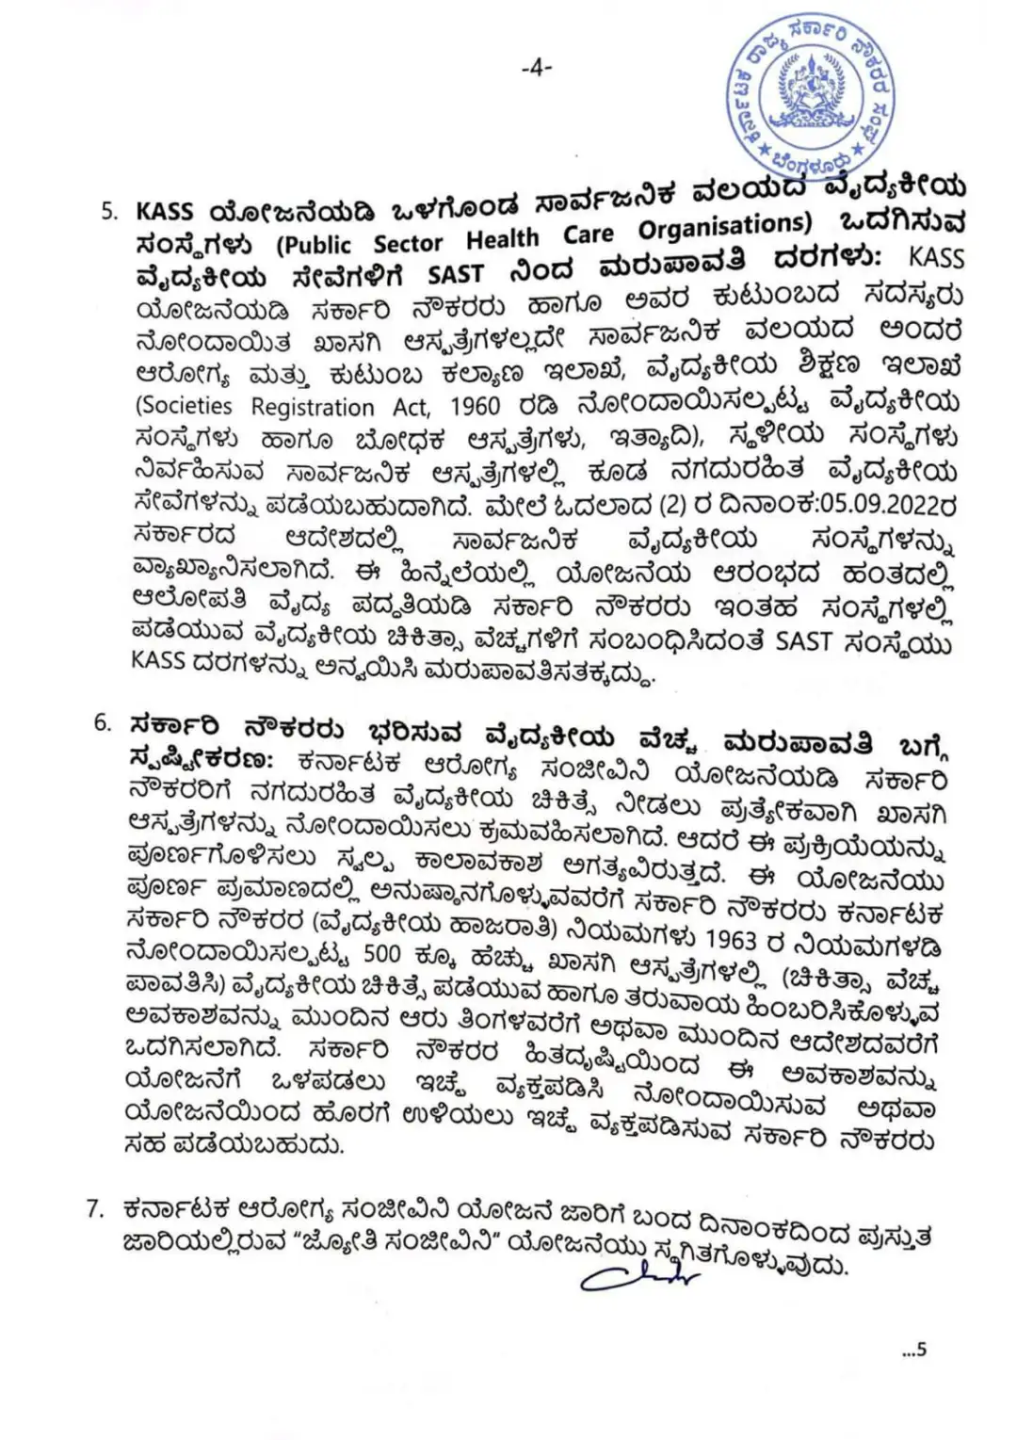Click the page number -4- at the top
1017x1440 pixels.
pyautogui.click(x=536, y=67)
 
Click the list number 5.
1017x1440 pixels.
pyautogui.click(x=109, y=210)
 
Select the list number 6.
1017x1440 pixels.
pyautogui.click(x=104, y=723)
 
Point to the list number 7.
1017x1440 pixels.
pyautogui.click(x=94, y=1208)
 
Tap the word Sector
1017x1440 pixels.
pyautogui.click(x=408, y=243)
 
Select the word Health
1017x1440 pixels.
pyautogui.click(x=503, y=238)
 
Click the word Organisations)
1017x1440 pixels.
pyautogui.click(x=724, y=227)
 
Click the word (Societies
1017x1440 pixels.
pyautogui.click(x=185, y=406)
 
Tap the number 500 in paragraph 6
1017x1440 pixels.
pyautogui.click(x=381, y=953)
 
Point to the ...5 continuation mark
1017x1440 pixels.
pyautogui.click(x=913, y=1350)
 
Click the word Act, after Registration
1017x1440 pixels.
pyautogui.click(x=412, y=407)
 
